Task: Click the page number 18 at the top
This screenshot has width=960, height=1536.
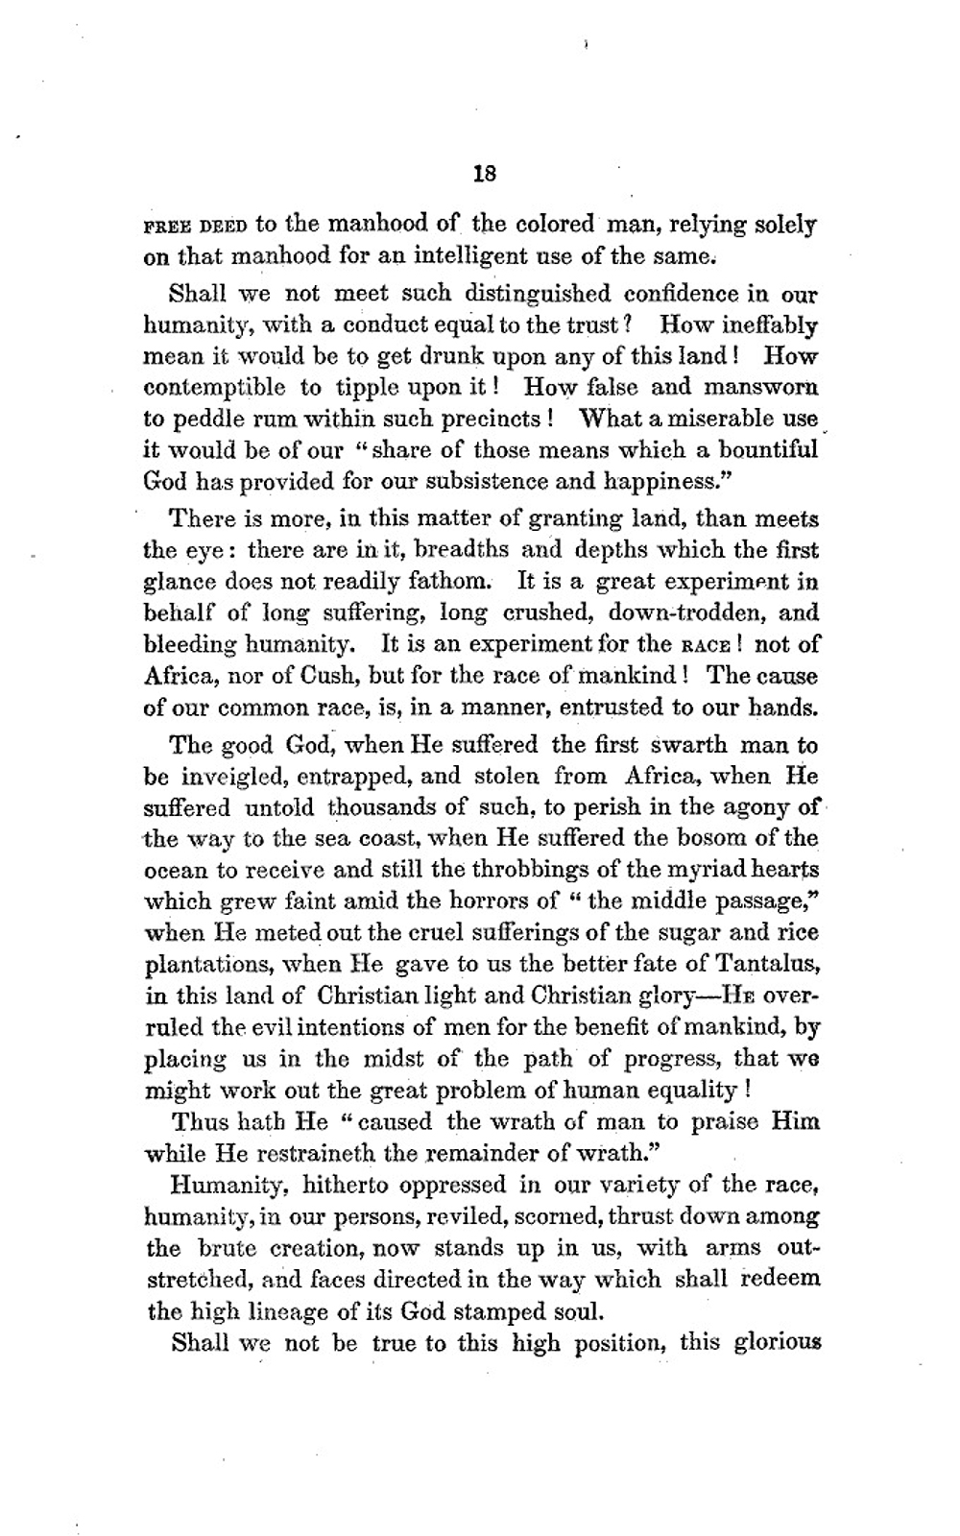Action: [484, 174]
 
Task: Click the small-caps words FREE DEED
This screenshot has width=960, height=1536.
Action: [196, 227]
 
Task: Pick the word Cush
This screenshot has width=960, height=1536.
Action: [333, 676]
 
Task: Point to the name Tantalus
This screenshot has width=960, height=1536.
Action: [769, 963]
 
